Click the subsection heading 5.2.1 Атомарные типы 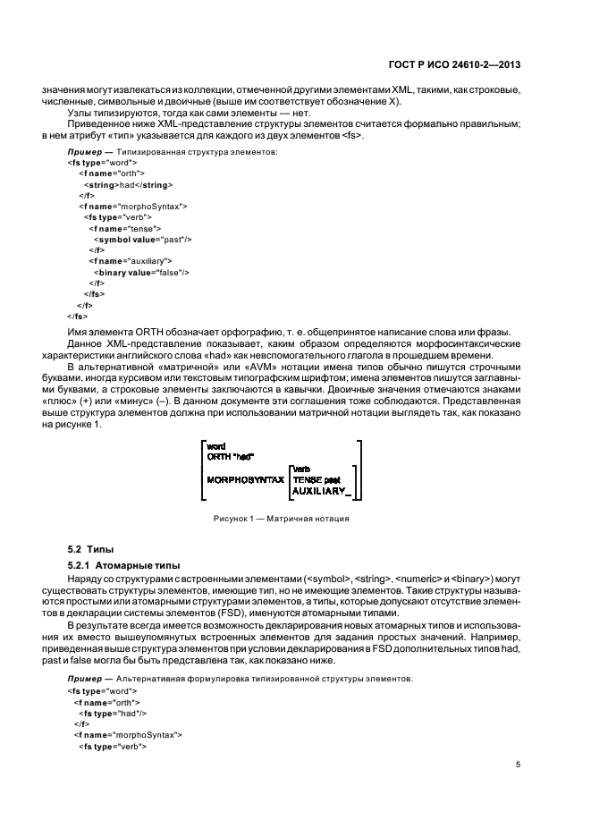tap(119, 565)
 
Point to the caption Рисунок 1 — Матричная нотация tap(280, 518)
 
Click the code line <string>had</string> tap(120, 183)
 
